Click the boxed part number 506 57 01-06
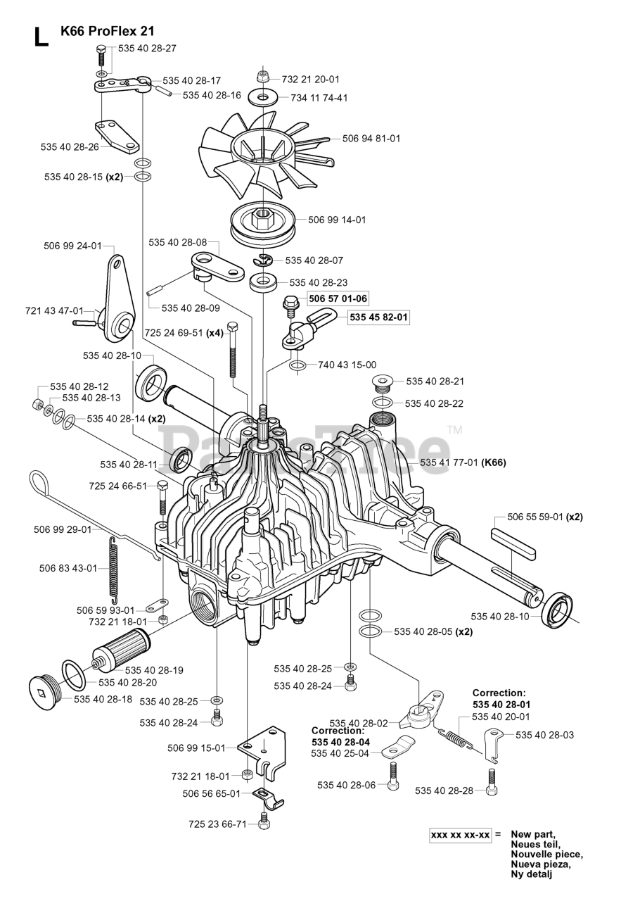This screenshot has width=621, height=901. click(338, 298)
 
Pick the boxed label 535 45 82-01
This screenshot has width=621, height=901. click(378, 317)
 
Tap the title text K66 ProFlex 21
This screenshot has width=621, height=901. click(108, 31)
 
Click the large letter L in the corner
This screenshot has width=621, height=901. click(41, 37)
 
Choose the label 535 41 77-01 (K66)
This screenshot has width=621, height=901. click(463, 462)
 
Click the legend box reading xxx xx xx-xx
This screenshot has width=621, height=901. click(460, 835)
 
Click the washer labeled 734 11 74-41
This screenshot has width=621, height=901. click(262, 97)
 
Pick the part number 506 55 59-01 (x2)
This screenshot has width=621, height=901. click(545, 517)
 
